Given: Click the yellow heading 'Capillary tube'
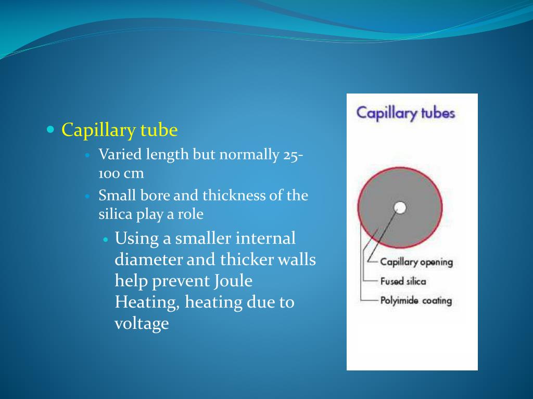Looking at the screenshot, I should click(120, 130).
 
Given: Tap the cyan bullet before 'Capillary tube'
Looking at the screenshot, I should click(50, 129).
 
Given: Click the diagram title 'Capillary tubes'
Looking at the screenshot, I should click(405, 113).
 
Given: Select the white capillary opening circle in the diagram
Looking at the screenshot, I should click(400, 208).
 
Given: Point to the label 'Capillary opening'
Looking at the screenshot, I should click(416, 262).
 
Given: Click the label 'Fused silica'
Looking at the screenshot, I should click(403, 281).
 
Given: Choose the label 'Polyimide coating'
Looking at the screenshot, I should click(416, 300).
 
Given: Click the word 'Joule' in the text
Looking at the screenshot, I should click(233, 281).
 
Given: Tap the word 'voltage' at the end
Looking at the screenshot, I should click(142, 324).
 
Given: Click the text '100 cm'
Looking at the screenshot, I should click(121, 173).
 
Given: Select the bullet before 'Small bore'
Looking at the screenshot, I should click(88, 196).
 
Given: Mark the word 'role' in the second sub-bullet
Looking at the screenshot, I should click(191, 214).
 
